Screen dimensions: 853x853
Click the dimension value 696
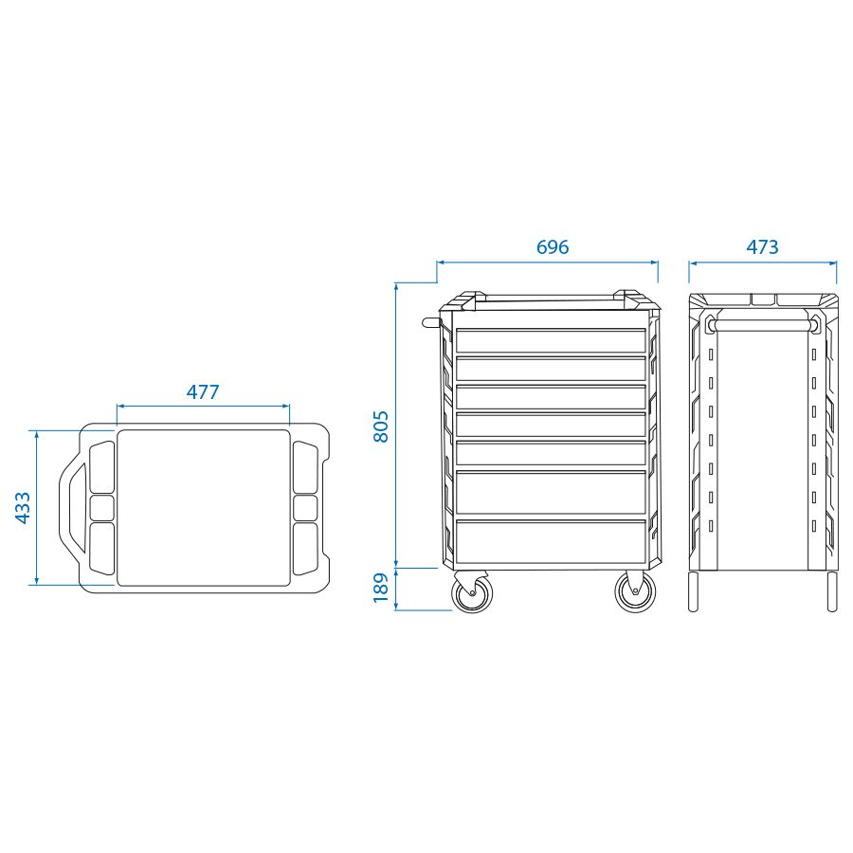click(x=553, y=247)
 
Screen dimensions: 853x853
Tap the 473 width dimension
click(x=762, y=247)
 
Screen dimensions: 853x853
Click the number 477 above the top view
click(x=203, y=391)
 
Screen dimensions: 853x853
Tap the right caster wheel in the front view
click(x=634, y=594)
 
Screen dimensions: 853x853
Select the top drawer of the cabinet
click(x=551, y=340)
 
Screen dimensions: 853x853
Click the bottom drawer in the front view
click(x=551, y=537)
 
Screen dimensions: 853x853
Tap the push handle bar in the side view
click(x=762, y=325)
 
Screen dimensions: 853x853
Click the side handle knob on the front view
click(x=429, y=322)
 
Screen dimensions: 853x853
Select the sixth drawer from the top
click(x=551, y=493)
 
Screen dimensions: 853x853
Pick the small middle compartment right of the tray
click(x=305, y=507)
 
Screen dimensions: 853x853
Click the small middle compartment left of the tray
click(x=100, y=507)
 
